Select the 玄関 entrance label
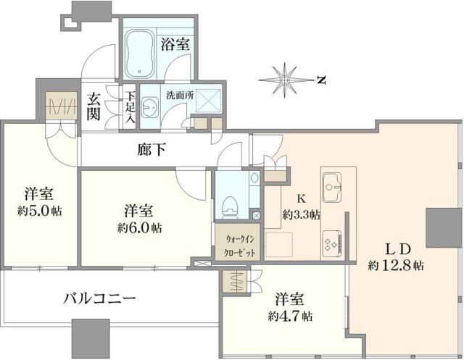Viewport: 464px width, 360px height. (x=94, y=106)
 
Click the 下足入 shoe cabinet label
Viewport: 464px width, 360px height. (x=130, y=106)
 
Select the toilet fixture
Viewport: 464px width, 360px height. (x=230, y=204)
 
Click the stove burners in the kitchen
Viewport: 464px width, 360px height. (x=335, y=243)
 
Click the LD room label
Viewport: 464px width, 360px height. (x=396, y=247)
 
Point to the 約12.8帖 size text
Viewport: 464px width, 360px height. (x=396, y=265)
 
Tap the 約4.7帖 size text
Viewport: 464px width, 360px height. (x=288, y=317)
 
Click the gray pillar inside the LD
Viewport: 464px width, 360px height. (x=439, y=227)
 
